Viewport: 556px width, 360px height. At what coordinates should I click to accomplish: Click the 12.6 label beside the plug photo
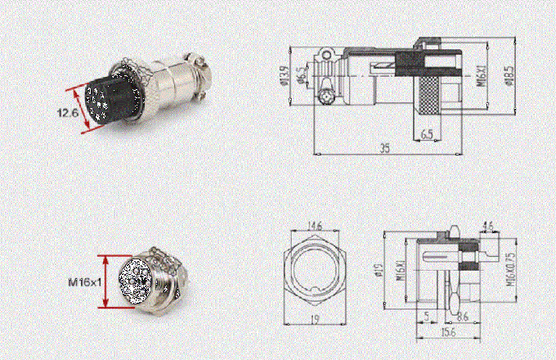coord(68,114)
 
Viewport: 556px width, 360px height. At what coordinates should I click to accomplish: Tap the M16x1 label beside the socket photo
coord(84,281)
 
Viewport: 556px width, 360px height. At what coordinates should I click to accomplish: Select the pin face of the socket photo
coord(132,282)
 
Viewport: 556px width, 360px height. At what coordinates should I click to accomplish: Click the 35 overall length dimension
coord(383,149)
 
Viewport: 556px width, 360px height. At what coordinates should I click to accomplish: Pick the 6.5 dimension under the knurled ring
coord(427,133)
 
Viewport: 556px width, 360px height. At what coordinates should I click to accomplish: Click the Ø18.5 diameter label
coord(509,75)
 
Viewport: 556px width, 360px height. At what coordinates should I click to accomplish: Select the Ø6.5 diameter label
coord(303,78)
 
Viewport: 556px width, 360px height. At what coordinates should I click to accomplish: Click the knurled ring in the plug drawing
coord(426,98)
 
